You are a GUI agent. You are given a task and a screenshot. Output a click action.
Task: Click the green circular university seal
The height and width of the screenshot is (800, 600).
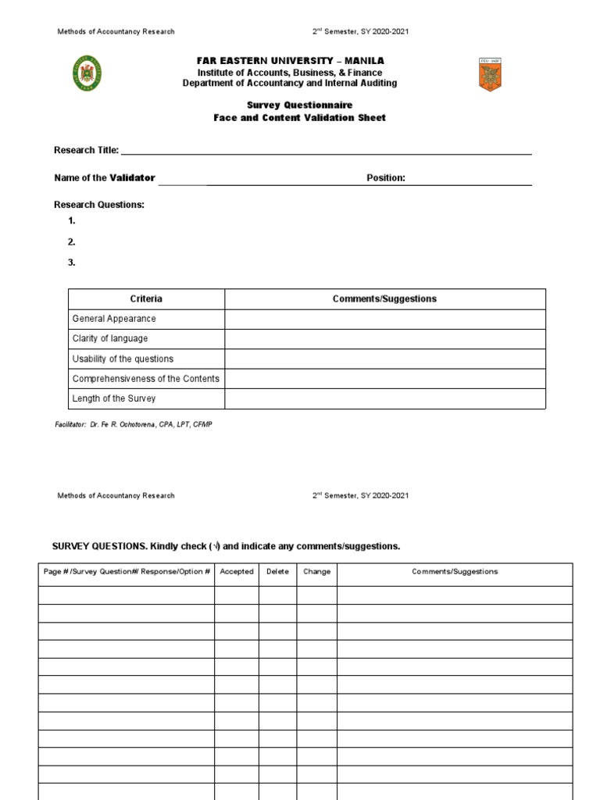[x=87, y=73]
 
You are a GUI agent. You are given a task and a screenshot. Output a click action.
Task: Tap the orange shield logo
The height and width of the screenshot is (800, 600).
[x=490, y=74]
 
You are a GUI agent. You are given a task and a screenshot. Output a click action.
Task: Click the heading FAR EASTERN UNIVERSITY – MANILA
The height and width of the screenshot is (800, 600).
[x=289, y=61]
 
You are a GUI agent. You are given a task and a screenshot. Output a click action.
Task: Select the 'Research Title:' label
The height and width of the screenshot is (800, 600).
[x=86, y=150]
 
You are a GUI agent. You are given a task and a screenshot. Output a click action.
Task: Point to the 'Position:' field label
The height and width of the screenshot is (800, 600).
[x=386, y=178]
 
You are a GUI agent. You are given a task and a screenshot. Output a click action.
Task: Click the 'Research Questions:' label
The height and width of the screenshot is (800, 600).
[x=99, y=205]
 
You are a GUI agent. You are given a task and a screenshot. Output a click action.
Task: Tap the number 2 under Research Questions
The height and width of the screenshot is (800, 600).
[x=71, y=242]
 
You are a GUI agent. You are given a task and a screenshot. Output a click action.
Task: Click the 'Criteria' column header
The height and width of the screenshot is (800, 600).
[x=146, y=299]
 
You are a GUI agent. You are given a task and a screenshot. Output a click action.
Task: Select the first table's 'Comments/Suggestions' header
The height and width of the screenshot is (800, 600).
[x=384, y=299]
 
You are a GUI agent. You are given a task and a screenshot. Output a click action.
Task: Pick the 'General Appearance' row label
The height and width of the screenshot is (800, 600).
[x=114, y=319]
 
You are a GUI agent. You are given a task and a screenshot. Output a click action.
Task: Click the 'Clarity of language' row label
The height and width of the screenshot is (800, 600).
[x=110, y=339]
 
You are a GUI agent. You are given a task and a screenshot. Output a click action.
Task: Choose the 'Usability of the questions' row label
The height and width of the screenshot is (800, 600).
[x=123, y=359]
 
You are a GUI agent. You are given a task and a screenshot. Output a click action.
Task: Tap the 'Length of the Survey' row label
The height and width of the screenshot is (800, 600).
[x=114, y=398]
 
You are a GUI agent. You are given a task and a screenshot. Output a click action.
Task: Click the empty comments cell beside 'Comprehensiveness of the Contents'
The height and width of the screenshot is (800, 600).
[x=384, y=379]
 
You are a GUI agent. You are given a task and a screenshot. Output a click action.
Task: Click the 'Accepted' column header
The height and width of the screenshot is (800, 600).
[x=237, y=572]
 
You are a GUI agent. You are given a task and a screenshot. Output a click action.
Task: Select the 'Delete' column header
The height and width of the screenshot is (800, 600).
[x=277, y=572]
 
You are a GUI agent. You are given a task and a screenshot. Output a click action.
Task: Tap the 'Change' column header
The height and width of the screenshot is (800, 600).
[x=316, y=572]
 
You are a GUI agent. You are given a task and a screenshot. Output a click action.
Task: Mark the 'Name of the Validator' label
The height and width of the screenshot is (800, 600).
[x=105, y=178]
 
